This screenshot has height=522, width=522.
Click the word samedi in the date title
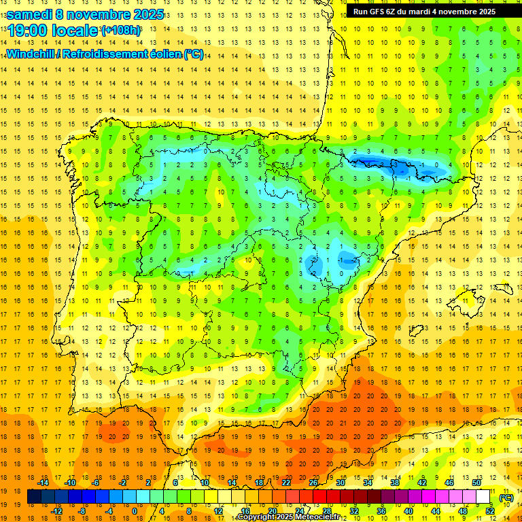pos(31,14)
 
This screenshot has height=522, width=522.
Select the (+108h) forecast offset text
pos(121,31)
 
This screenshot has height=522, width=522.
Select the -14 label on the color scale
pos(42,483)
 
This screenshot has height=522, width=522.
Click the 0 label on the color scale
pos(134,511)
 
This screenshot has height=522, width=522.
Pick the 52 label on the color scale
pos(489,511)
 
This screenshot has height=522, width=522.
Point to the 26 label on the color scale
pos(313,483)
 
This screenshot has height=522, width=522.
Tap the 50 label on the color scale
pos(476,483)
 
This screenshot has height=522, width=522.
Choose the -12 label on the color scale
pos(56,511)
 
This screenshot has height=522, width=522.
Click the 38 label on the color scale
pos(395,483)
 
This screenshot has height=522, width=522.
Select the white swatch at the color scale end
pos(483,497)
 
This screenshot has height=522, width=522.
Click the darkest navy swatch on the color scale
pos(34,497)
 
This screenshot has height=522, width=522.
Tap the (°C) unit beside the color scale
pos(506,498)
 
